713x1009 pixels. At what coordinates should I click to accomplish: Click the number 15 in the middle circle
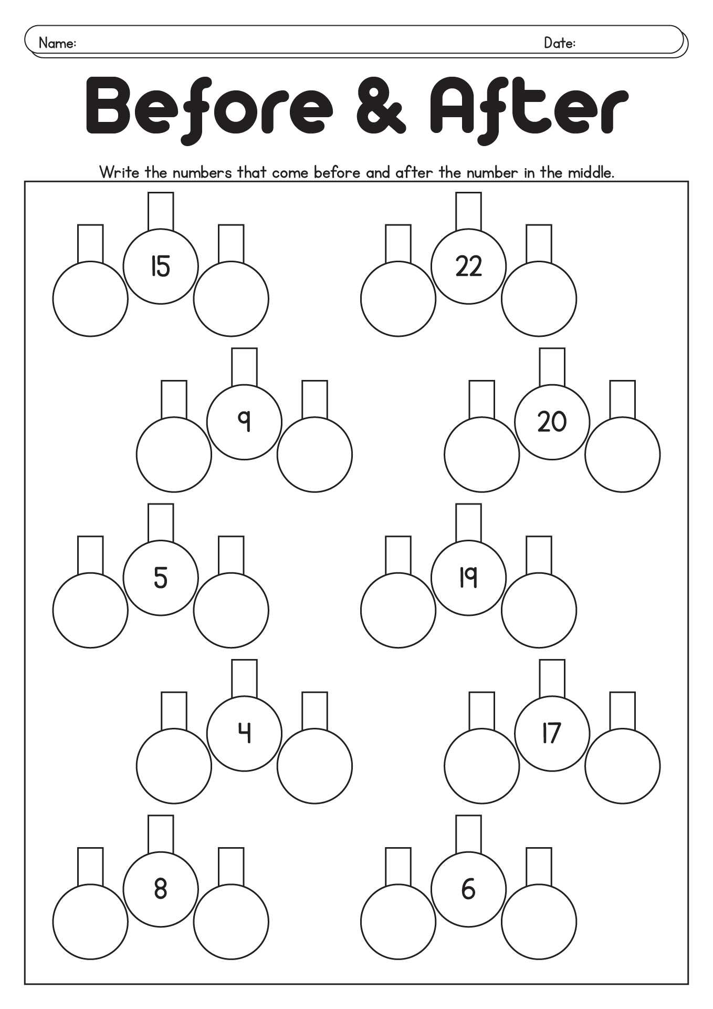click(161, 266)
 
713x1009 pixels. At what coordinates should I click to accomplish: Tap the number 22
click(468, 266)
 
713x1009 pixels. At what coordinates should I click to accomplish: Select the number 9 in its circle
click(244, 421)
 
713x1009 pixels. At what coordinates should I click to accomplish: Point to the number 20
click(552, 421)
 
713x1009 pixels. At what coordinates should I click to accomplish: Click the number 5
click(161, 577)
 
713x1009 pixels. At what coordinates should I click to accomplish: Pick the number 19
click(468, 577)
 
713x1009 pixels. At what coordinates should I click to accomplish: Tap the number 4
click(244, 733)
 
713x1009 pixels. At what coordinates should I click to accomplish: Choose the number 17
click(552, 733)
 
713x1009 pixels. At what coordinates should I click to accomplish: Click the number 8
click(161, 888)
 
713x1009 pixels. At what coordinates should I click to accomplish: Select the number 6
click(468, 888)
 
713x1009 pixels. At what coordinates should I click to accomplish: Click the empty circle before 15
click(90, 298)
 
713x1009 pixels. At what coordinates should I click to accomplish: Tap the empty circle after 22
click(539, 298)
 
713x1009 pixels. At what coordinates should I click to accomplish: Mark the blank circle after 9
click(314, 454)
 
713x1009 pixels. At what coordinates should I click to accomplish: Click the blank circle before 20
click(481, 454)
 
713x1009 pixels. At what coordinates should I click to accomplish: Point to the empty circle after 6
click(539, 921)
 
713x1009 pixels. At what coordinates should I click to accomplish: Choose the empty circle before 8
click(90, 921)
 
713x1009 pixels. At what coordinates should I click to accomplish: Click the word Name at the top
click(57, 43)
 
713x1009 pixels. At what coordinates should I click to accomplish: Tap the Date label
click(559, 43)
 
